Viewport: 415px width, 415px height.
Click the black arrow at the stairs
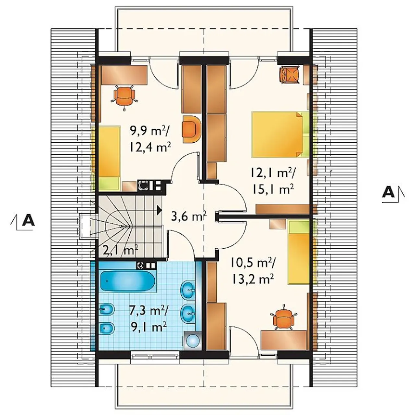point(160,210)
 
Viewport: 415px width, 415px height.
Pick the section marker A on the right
point(393,193)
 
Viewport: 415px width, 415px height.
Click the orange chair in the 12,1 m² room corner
point(290,74)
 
